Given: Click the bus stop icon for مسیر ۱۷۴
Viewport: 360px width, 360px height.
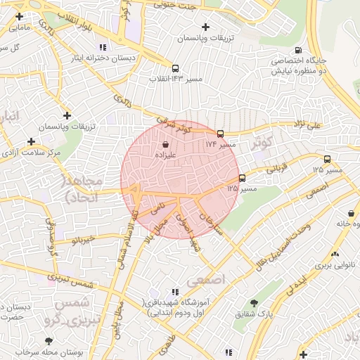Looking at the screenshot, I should [x=220, y=133].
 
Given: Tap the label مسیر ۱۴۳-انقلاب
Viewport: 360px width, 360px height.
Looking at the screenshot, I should [x=175, y=78].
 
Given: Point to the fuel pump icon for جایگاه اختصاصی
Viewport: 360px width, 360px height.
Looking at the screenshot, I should [x=299, y=51].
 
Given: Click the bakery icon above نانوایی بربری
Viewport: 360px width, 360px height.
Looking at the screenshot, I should [x=335, y=255].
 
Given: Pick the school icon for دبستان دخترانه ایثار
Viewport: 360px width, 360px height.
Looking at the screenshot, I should [x=103, y=46].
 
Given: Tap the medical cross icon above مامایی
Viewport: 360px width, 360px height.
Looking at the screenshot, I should [x=18, y=16].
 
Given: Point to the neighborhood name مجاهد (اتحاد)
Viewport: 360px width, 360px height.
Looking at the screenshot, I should [x=83, y=189].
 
